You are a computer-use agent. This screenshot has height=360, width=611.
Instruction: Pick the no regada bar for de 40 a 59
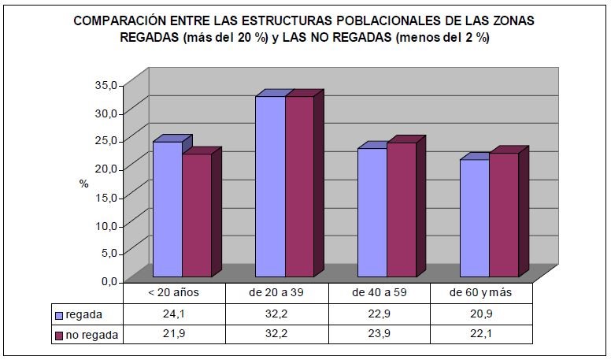click(401, 209)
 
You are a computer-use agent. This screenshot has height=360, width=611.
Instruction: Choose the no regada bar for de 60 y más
click(504, 214)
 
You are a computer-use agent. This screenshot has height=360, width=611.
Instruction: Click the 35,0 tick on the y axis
click(106, 84)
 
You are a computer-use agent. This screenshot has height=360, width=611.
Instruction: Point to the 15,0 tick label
click(106, 197)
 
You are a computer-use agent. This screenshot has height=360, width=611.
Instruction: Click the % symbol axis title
click(83, 183)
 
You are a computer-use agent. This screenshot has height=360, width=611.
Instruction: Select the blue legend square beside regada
click(59, 315)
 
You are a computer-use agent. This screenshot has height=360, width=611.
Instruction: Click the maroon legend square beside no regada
click(59, 335)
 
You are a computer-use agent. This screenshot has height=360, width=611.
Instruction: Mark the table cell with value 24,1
click(174, 314)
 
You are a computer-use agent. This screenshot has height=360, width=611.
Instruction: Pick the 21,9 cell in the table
click(174, 334)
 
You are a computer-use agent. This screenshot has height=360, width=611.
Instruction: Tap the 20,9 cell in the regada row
click(481, 314)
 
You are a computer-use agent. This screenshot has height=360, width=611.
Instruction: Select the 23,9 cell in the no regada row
click(379, 334)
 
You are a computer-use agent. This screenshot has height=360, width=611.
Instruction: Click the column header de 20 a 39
click(276, 293)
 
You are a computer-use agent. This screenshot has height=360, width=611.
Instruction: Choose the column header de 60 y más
click(481, 293)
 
